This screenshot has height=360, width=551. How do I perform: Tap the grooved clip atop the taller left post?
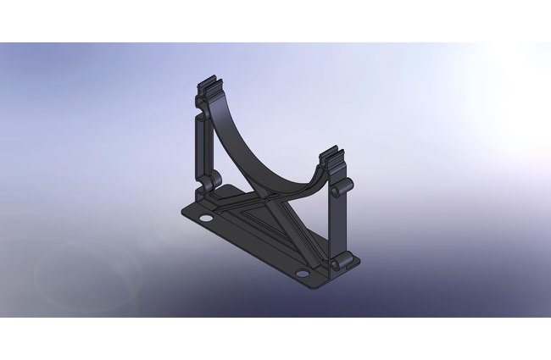tap(211, 87)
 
